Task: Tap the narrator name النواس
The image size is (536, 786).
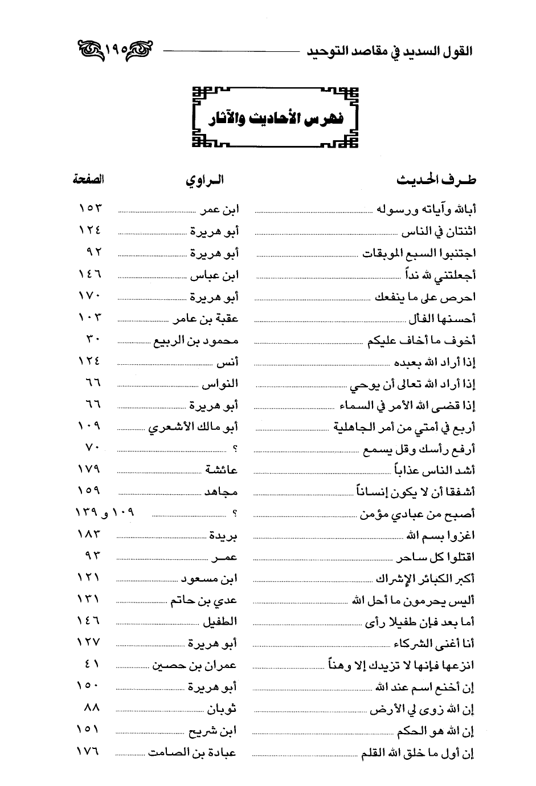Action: click(220, 384)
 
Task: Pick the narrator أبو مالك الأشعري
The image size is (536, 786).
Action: click(193, 427)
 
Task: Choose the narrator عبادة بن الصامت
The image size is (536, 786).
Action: click(193, 752)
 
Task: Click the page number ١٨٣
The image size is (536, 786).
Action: click(88, 535)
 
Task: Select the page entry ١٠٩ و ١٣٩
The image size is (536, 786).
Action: click(104, 513)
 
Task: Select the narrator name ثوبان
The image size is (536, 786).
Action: click(221, 709)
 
